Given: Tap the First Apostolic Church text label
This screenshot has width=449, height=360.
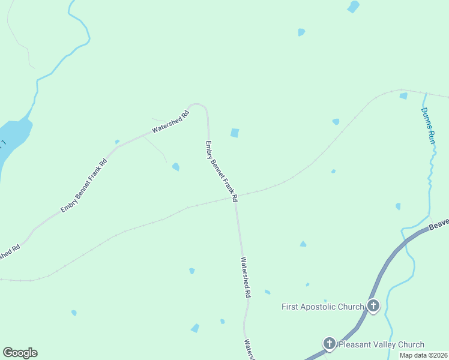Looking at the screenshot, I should click(323, 307).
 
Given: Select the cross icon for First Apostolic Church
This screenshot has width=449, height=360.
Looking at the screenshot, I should click(373, 307).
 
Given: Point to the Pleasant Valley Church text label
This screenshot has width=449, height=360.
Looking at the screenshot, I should click(381, 344).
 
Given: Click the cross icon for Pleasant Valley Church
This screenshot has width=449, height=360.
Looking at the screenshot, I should click(329, 344).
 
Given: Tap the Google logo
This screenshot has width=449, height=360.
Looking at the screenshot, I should click(20, 353).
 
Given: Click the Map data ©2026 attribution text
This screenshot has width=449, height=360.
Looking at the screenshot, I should click(424, 355).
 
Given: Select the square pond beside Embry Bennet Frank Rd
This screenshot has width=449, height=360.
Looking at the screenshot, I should click(235, 133).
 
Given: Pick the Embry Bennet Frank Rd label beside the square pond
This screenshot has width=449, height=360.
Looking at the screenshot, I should click(221, 171).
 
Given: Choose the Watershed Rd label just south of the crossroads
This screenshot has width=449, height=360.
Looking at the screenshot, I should click(246, 278).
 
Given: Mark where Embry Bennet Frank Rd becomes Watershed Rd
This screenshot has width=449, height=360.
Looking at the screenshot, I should click(235, 202).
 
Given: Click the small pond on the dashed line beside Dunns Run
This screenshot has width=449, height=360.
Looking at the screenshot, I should click(403, 95).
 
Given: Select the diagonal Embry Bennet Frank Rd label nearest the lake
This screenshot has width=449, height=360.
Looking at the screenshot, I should click(84, 185).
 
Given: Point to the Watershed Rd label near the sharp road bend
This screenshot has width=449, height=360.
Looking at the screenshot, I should click(170, 121).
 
